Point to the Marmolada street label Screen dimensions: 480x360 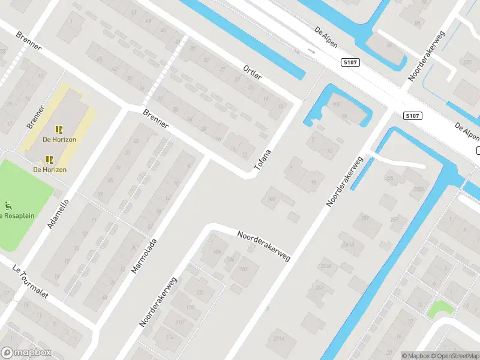(144, 256)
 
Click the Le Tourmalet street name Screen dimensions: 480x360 (29, 281)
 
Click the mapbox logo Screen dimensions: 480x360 (26, 353)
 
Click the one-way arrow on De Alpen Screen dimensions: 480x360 (310, 52)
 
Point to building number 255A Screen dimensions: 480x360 (418, 189)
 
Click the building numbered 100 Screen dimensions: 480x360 (272, 199)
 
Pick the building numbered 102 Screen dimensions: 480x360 (244, 269)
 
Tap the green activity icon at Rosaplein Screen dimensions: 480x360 (8, 205)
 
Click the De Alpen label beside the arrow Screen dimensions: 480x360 (326, 37)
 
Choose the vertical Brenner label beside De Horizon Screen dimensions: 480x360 (36, 118)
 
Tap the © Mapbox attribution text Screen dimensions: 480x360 (416, 356)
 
